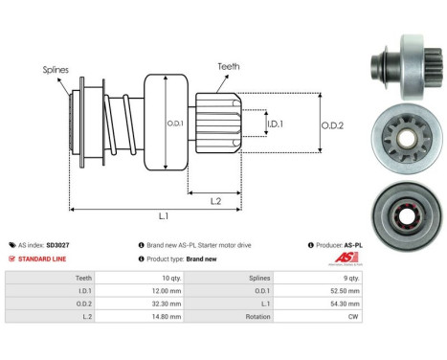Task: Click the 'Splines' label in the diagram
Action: (54, 69)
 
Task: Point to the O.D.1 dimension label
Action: (174, 121)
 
